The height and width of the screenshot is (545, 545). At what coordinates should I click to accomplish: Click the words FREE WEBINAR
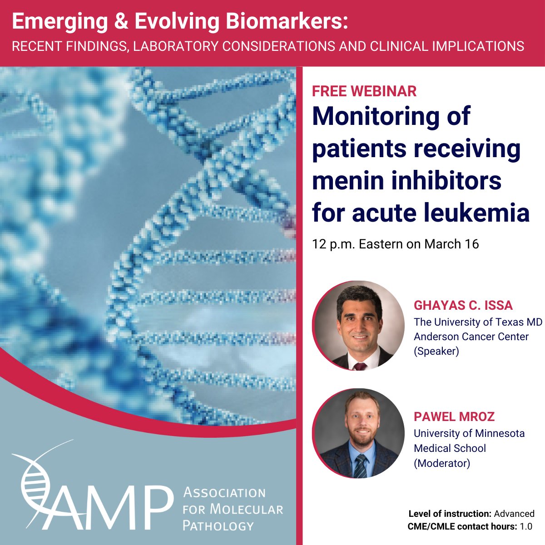[364, 91]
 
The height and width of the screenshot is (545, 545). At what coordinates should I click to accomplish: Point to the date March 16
[451, 244]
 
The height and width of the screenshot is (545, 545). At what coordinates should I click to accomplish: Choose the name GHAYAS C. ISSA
[463, 305]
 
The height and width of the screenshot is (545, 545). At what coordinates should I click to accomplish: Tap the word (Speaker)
[436, 351]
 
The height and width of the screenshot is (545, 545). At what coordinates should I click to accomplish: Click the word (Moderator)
[441, 463]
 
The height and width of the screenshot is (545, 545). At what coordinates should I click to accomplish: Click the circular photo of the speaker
[358, 325]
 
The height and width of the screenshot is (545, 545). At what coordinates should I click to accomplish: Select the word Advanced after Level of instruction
[514, 514]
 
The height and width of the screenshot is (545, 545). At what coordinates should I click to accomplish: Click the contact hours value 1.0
[525, 526]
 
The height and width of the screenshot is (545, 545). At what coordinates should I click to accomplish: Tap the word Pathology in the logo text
[218, 525]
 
